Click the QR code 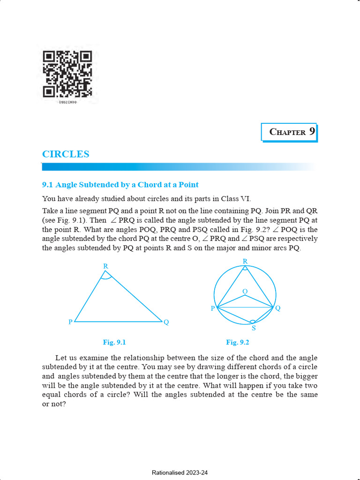67,74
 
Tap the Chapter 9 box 289,132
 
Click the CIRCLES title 66,154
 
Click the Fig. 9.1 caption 114,342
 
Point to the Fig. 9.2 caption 237,342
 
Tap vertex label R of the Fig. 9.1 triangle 106,266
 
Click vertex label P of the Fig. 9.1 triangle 70,322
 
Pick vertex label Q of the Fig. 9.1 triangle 166,322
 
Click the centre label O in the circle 245,292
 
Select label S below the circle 254,328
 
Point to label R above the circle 245,261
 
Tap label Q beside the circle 278,308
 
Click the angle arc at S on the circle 253,321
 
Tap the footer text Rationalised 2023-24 180,473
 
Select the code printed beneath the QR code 67,102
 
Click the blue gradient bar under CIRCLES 178,167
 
